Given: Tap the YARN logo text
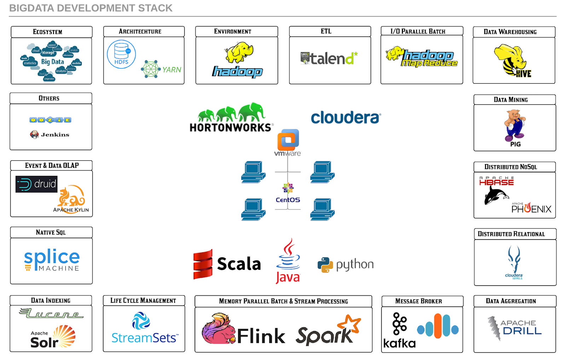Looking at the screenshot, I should (x=172, y=70).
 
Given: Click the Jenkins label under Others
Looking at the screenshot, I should (x=55, y=134).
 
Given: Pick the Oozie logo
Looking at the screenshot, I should (x=50, y=120).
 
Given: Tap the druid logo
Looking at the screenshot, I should (x=36, y=184).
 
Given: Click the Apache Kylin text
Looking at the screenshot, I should (x=71, y=210).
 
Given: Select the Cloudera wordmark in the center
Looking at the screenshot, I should (x=346, y=118).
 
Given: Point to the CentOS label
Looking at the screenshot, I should (x=288, y=200).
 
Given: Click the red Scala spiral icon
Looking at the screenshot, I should (x=203, y=264).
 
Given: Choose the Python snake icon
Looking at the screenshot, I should (x=325, y=265).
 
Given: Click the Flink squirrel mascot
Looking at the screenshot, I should (x=218, y=329).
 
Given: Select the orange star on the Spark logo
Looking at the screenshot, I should (x=350, y=323).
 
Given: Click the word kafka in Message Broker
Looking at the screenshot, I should (x=399, y=343).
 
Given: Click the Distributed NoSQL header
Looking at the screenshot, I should (x=510, y=167).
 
